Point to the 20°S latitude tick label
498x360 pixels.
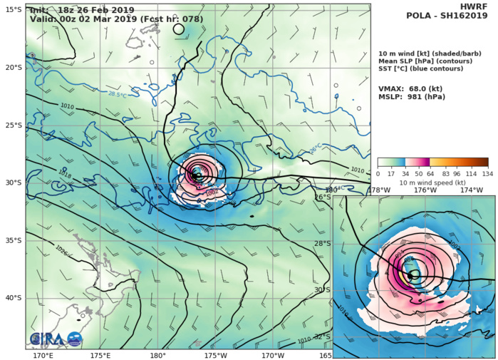coord(12,67)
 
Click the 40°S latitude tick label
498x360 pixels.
coord(12,297)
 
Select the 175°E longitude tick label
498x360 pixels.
coord(100,355)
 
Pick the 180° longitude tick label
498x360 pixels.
coord(158,355)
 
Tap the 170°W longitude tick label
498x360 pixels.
coord(273,355)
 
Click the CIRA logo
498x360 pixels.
coord(56,340)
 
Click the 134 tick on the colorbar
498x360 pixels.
coord(488,173)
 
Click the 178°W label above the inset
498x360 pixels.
coord(379,190)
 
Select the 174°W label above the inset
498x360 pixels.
coord(471,190)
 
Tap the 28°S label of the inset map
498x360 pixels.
coord(323,243)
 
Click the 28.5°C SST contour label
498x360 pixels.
coord(118,93)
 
